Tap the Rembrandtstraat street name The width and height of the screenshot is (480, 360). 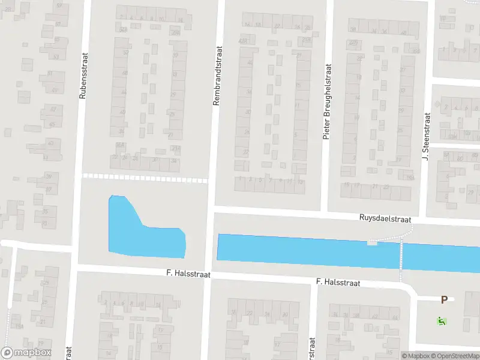tap(218, 76)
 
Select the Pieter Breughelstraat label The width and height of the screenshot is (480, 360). tap(327, 102)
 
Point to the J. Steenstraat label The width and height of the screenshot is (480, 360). tap(427, 137)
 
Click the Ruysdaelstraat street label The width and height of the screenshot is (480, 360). tap(385, 219)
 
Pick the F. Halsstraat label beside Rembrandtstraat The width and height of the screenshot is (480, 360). tap(188, 274)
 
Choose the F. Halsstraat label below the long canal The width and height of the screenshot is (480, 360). tap(338, 282)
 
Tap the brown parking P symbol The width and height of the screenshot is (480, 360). tap(444, 300)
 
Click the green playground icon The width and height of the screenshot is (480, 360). tap(442, 321)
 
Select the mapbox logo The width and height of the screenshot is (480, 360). tap(26, 352)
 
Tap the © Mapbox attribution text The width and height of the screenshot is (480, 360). tap(416, 356)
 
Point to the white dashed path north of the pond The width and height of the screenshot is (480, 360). tap(144, 178)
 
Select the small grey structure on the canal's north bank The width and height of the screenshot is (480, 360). tap(373, 242)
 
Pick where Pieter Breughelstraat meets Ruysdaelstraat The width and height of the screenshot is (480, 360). tap(324, 214)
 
